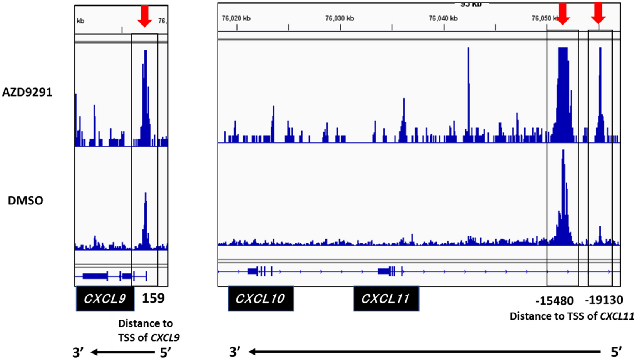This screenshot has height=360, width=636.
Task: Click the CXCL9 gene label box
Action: (x=105, y=298)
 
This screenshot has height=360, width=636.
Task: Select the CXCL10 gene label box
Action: (x=261, y=298)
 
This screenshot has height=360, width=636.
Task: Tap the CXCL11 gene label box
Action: (x=386, y=298)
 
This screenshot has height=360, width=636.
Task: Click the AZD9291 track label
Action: (x=27, y=92)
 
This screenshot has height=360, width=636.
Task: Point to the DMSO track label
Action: (x=25, y=201)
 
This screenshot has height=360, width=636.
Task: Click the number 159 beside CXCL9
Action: (x=153, y=298)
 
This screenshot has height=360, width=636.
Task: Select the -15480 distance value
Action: (x=554, y=301)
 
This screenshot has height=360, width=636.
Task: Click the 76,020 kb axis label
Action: (x=236, y=18)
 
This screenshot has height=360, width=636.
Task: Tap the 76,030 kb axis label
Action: (x=339, y=18)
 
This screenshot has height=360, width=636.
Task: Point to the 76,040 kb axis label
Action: (x=443, y=18)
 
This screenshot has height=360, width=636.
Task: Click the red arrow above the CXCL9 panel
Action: (x=144, y=15)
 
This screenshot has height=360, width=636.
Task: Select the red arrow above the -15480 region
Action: (x=563, y=13)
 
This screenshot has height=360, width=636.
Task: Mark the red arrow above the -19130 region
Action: (x=598, y=12)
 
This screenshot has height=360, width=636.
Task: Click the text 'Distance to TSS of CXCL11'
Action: (x=572, y=316)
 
